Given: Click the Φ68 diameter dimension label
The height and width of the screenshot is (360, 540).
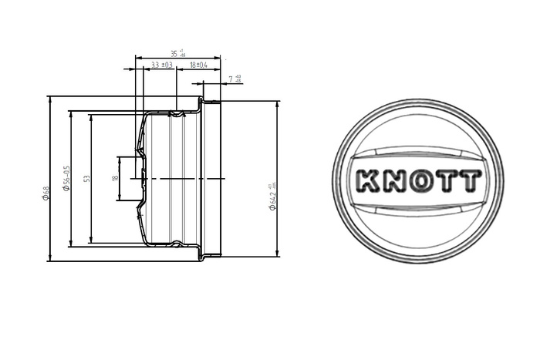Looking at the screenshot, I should coord(46,193).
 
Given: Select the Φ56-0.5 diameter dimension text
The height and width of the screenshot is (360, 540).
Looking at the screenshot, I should coord(67,178).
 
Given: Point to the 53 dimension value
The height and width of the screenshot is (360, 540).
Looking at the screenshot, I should coord(87,178).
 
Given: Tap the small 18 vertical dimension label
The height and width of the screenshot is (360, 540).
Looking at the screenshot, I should coord(114,178).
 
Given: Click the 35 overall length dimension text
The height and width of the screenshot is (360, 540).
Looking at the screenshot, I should coord(177,53).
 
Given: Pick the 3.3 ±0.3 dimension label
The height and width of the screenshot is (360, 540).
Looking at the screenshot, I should coord(161,66).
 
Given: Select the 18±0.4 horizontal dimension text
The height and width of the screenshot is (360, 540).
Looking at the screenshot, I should coord(198,66).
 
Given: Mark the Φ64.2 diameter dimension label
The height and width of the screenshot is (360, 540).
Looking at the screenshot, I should coord(272,197).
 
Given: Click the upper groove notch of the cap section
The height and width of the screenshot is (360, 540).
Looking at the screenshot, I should coord(177,114).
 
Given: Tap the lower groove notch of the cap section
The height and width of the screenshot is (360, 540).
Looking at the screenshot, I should coord(177,244).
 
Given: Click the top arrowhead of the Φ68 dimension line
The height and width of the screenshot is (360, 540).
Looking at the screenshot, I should coord(51,99).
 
